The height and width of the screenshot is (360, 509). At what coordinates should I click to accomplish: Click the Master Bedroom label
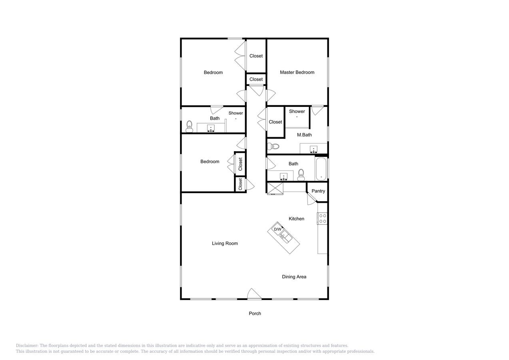tap(297, 72)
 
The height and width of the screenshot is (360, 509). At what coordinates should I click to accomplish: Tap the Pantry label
tap(318, 191)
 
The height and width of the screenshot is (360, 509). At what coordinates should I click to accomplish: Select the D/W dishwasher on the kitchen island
tap(277, 229)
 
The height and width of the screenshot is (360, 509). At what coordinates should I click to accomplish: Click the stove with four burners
tap(322, 218)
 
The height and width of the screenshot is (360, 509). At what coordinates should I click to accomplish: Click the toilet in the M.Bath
tap(273, 146)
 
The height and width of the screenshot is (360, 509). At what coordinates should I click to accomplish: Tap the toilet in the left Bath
tap(190, 126)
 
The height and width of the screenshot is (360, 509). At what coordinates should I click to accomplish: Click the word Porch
tap(255, 314)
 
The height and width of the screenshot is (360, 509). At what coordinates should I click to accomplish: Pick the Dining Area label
tap(294, 277)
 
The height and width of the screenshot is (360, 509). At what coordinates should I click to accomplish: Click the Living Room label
tap(225, 244)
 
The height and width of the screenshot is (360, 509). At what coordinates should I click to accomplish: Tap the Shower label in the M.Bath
tap(297, 112)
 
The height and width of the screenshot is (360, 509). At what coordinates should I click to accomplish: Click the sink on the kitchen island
tap(285, 236)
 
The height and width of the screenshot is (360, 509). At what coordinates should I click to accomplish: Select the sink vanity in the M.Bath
tap(313, 149)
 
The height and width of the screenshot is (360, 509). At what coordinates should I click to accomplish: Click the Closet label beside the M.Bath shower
tap(275, 122)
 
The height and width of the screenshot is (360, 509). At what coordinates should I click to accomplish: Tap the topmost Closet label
tap(256, 56)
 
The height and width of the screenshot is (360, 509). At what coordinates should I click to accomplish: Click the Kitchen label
tap(296, 219)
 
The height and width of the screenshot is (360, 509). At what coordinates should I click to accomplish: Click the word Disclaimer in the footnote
tap(27, 346)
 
